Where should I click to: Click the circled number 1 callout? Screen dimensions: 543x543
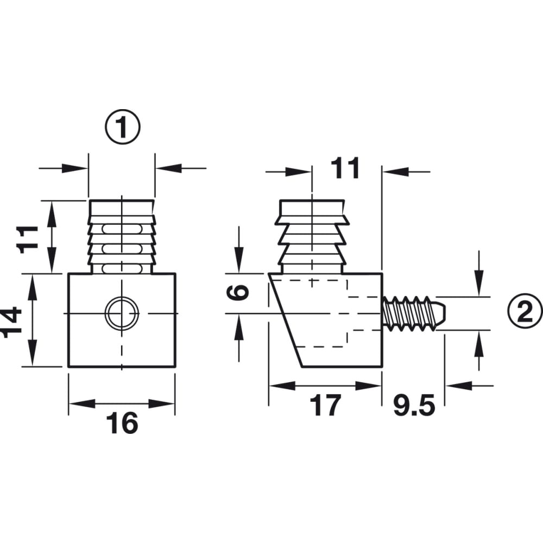[x=123, y=127]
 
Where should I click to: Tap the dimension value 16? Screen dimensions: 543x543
[x=122, y=423]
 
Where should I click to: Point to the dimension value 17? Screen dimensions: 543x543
[x=325, y=405]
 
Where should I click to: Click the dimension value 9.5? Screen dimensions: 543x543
[x=414, y=405]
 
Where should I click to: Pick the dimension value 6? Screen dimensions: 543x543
[x=238, y=292]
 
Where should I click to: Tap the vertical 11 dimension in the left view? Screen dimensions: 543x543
[x=27, y=239]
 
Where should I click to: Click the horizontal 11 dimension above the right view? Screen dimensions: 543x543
[x=345, y=168]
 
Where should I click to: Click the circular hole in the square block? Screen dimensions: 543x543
[x=122, y=313]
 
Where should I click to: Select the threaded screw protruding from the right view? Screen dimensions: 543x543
[x=414, y=313]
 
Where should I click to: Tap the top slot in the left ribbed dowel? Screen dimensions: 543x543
[x=122, y=229]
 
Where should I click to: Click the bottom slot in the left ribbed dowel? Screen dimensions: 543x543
[x=122, y=268]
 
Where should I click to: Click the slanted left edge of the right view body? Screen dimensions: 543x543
[x=286, y=320]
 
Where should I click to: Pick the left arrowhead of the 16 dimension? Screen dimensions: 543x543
[x=82, y=403]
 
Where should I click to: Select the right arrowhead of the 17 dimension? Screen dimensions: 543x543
[x=369, y=386]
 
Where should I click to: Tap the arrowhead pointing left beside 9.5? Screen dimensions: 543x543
[x=459, y=386]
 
